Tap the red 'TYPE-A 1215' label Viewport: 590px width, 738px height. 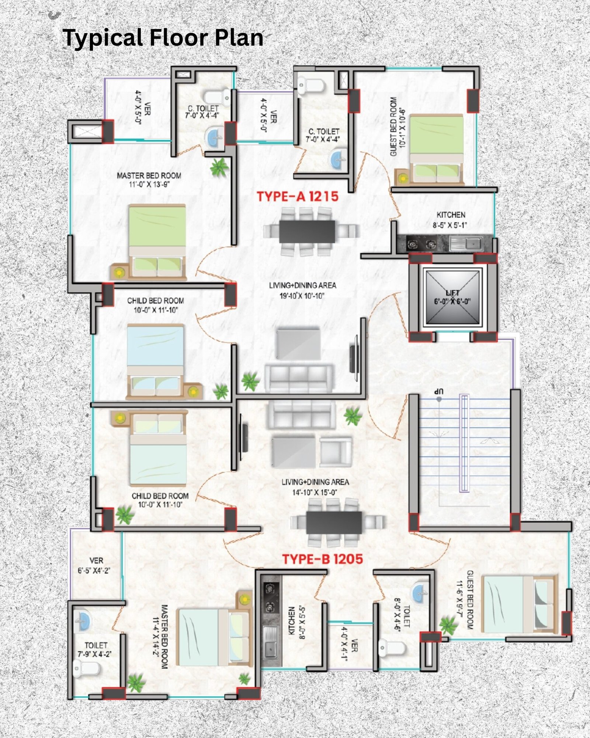(x=298, y=196)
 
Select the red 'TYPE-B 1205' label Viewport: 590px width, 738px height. (x=323, y=559)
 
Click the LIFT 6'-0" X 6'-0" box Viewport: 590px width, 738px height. (x=452, y=297)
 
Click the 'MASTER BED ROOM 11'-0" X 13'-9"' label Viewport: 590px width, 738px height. (x=149, y=180)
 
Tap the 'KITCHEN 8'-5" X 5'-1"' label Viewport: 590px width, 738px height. (x=451, y=220)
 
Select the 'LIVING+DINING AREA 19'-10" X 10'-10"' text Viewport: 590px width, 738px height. (x=302, y=290)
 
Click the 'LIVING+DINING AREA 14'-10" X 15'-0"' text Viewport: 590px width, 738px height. (x=315, y=487)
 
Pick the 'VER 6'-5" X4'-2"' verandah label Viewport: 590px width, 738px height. (x=94, y=565)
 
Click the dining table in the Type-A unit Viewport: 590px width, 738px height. (x=307, y=231)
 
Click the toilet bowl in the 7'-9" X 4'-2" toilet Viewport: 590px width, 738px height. (x=87, y=668)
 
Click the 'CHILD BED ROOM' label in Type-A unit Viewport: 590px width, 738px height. (x=156, y=305)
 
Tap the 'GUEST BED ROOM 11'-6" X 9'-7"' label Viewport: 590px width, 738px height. (x=464, y=600)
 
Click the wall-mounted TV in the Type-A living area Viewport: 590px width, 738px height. (x=354, y=359)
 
